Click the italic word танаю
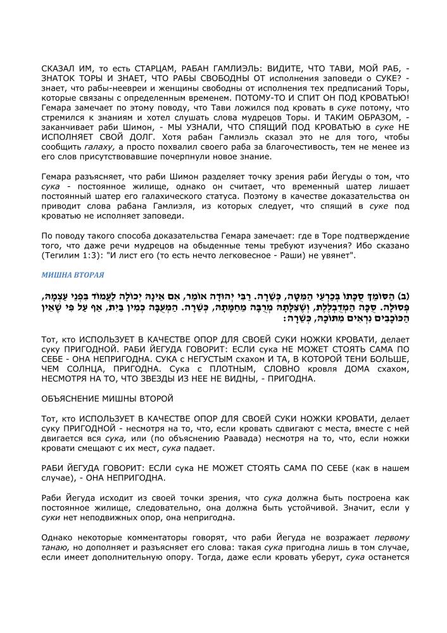pyautogui.click(x=55, y=547)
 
